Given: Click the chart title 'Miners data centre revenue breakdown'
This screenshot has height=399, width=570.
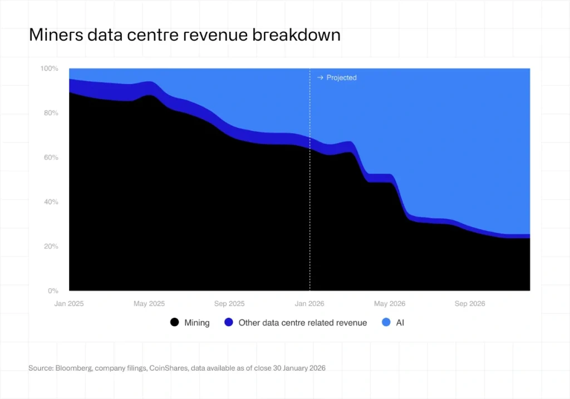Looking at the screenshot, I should [184, 36].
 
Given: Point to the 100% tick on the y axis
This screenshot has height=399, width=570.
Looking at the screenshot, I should [49, 68].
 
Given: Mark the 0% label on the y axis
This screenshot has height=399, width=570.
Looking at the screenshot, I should [52, 290].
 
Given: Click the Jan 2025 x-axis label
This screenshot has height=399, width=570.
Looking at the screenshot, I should [69, 304].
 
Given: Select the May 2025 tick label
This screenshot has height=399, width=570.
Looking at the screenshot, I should [149, 304].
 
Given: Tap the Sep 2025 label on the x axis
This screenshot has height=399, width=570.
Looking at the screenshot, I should [229, 304].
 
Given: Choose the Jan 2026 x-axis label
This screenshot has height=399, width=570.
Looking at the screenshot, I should [309, 304].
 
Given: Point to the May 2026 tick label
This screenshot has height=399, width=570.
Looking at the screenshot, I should [390, 304].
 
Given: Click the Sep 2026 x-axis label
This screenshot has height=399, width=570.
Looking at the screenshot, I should [470, 304].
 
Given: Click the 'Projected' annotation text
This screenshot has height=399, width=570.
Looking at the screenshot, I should [341, 78].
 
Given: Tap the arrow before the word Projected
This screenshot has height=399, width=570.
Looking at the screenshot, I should [320, 78].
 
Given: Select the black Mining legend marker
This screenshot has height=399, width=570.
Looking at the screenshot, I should [175, 323].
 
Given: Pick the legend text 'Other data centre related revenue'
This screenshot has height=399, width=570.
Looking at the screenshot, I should [302, 323].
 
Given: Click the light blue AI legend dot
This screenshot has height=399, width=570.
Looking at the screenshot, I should [386, 323].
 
